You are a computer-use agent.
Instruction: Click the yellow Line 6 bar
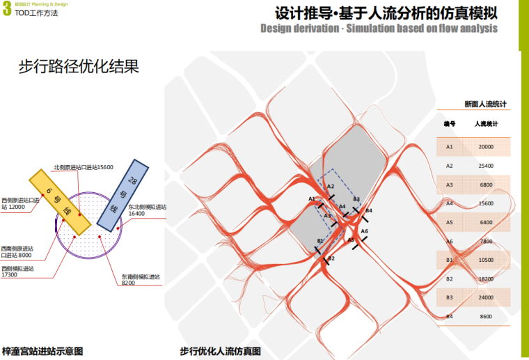[x=58, y=200]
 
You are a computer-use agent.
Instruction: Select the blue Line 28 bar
[x=123, y=194]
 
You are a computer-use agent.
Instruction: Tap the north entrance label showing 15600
[x=84, y=167]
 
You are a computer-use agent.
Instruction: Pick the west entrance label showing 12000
[x=17, y=203]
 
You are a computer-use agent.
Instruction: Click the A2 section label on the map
[x=331, y=187]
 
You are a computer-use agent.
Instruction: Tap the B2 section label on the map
[x=331, y=258]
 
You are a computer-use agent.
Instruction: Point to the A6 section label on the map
[x=364, y=230]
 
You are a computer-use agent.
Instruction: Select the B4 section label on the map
[x=369, y=210]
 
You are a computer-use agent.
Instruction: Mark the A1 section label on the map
[x=312, y=199]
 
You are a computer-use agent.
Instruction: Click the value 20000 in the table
[x=486, y=147]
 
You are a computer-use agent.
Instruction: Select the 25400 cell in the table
[x=486, y=166]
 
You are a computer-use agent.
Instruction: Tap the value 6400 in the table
[x=486, y=222]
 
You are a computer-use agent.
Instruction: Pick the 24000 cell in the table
[x=486, y=297]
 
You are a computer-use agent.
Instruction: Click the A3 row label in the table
[x=450, y=185]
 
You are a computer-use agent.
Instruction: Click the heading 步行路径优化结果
[x=79, y=68]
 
